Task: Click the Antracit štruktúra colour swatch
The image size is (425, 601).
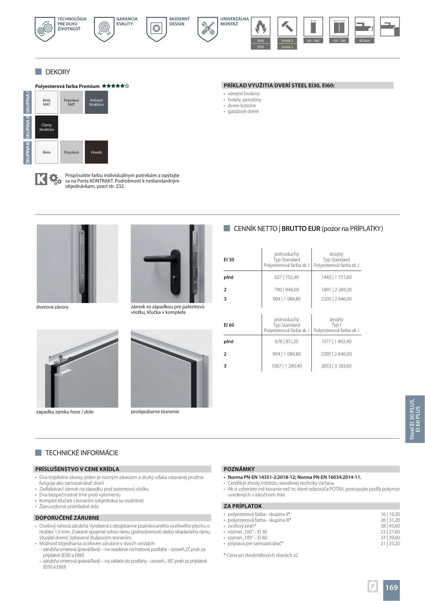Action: tap(96, 102)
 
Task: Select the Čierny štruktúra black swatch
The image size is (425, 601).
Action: tap(46, 127)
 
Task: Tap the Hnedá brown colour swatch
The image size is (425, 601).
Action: tap(96, 152)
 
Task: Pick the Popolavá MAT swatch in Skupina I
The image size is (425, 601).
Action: tap(71, 102)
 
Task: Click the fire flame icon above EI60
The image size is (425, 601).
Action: tap(261, 27)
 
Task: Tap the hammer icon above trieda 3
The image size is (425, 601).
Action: tap(287, 27)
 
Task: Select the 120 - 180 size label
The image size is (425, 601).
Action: tap(339, 41)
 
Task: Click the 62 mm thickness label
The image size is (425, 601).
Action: tap(364, 41)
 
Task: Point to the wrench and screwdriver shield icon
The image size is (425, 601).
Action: tap(208, 29)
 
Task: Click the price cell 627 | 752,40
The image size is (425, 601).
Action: tap(286, 277)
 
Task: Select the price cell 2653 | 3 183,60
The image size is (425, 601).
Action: tap(336, 366)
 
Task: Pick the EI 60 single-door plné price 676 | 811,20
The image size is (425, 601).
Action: tap(286, 341)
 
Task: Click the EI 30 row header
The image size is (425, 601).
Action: tap(229, 260)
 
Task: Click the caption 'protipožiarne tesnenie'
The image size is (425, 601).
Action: tap(155, 412)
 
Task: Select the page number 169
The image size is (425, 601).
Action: tap(391, 587)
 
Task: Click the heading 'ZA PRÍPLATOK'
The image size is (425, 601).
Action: tap(243, 506)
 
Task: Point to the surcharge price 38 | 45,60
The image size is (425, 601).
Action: tap(390, 526)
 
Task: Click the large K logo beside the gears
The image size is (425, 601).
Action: tap(41, 179)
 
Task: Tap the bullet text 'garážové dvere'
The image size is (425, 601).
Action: tap(243, 111)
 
